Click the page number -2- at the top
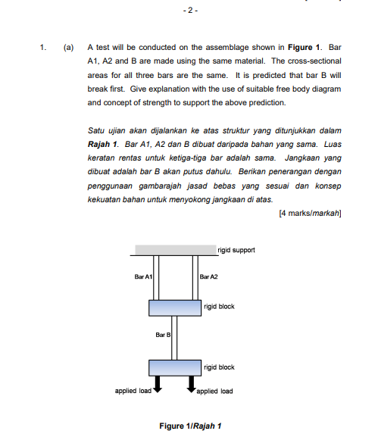point(189,12)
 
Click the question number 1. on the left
point(43,47)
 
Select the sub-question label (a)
point(67,47)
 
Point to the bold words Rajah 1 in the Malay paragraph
point(104,143)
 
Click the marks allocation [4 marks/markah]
point(311,212)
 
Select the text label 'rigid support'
point(236,249)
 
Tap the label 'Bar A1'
point(144,277)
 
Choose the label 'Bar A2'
point(208,277)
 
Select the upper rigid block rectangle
point(175,307)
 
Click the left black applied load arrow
point(158,386)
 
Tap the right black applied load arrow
point(192,386)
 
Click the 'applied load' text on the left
point(133,392)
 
